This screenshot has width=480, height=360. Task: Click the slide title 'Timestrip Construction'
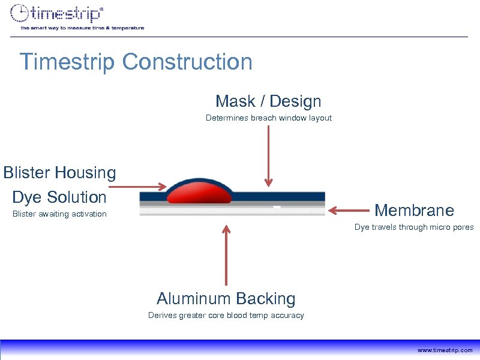(136, 62)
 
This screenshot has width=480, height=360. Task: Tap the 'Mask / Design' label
(268, 101)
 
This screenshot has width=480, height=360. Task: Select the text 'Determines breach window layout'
(268, 118)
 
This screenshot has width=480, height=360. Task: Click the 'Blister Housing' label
(59, 173)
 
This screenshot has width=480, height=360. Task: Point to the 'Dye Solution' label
(59, 197)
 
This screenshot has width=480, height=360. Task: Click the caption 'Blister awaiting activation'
(59, 214)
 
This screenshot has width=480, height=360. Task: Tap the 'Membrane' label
(414, 210)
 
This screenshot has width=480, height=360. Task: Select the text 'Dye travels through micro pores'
(414, 227)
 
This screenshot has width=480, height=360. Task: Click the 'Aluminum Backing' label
(226, 298)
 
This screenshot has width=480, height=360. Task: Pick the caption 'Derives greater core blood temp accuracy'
(226, 316)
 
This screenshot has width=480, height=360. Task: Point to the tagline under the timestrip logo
(82, 28)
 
